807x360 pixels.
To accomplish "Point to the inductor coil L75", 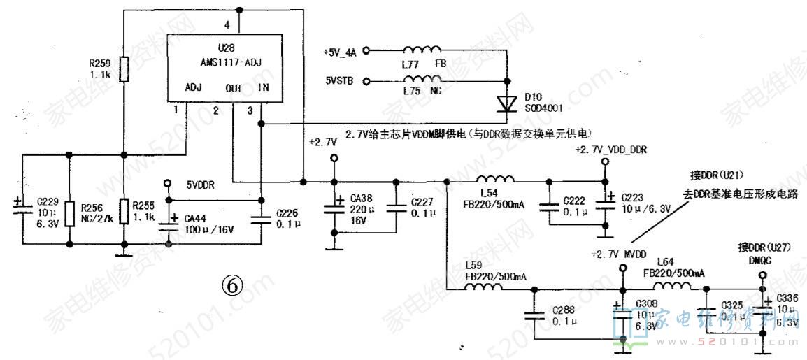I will point(421,81).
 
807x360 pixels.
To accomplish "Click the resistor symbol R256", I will point(71,215).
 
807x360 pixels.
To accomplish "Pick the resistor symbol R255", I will point(124,213).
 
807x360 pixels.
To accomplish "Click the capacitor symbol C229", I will point(22,205).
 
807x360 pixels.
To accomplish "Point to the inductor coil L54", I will point(495,181).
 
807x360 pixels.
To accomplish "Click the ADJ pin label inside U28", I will point(194,87).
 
